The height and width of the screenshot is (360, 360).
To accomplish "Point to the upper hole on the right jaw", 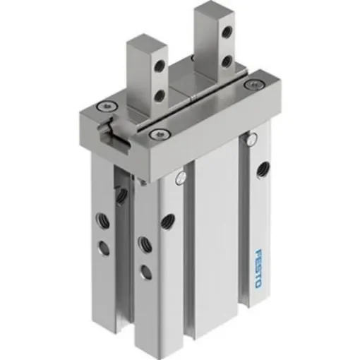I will (x=227, y=30).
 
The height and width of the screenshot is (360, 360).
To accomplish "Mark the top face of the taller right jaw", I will (x=209, y=8).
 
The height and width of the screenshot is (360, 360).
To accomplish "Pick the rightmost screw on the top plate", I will (x=248, y=85).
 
